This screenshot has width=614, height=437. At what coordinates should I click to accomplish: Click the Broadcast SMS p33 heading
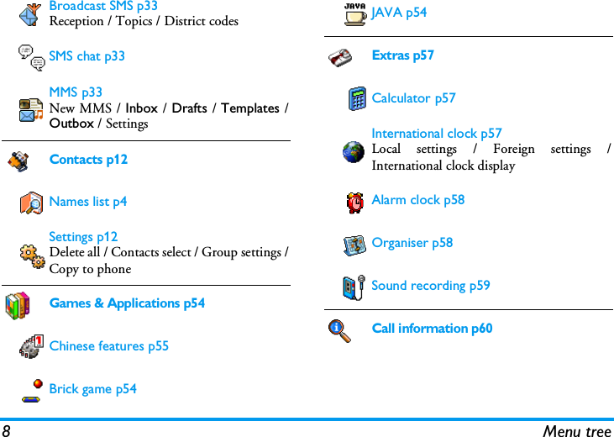(x=103, y=6)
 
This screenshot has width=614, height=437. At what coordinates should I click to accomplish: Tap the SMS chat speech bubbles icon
(x=32, y=56)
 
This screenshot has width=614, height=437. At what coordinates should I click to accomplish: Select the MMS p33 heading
(x=76, y=92)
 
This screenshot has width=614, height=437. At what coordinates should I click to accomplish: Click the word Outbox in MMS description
(x=71, y=124)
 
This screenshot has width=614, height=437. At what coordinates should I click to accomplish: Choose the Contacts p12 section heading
(x=88, y=160)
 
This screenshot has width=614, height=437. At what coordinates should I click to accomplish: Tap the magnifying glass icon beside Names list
(x=31, y=203)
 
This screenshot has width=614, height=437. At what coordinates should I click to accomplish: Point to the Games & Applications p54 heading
(x=127, y=303)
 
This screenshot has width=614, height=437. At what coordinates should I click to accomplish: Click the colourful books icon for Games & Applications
(x=17, y=305)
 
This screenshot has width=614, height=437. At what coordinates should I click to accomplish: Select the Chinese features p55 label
(x=108, y=346)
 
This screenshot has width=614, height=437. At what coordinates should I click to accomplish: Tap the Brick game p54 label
(x=92, y=389)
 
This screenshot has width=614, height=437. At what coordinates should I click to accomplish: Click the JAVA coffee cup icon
(x=354, y=14)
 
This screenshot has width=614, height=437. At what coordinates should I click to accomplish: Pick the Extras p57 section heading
(x=402, y=55)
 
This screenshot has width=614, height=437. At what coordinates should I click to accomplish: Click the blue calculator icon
(x=357, y=99)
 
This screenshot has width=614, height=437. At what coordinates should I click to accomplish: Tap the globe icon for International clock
(x=354, y=151)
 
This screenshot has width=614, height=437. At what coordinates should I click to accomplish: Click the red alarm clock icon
(x=355, y=202)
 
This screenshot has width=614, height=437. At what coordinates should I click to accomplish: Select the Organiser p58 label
(x=412, y=243)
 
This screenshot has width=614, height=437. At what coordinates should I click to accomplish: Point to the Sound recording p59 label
(x=430, y=286)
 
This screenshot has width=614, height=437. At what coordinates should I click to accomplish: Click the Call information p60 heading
(x=432, y=329)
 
